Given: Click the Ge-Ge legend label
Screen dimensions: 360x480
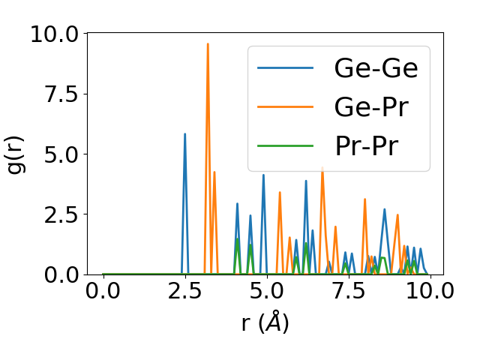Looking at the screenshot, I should coord(376,68).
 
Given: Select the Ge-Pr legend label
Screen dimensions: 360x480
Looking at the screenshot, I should coord(371,107).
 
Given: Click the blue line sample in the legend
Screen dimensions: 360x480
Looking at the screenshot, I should coord(286,69).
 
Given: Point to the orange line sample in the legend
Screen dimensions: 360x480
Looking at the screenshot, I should coord(286,107).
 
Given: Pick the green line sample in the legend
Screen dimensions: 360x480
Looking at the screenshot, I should coord(286,145).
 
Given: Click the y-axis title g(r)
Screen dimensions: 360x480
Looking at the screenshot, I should coord(16,154).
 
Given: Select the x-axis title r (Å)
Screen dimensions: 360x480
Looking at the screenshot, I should coord(265,323).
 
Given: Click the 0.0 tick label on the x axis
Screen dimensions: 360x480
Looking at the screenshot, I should coord(103,291).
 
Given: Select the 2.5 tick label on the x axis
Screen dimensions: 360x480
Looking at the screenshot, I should coord(184,291).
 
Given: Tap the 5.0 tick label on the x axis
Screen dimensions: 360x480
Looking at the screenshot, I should coord(265,291).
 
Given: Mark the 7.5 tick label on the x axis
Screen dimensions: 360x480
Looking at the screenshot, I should coord(347,291).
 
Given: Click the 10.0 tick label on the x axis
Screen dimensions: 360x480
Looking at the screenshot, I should coord(428,291).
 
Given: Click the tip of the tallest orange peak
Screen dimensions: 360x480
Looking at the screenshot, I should coord(208,43).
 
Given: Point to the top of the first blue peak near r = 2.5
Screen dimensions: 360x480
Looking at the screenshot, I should coord(184,134).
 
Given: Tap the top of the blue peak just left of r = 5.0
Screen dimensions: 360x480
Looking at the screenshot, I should coord(263,175).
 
